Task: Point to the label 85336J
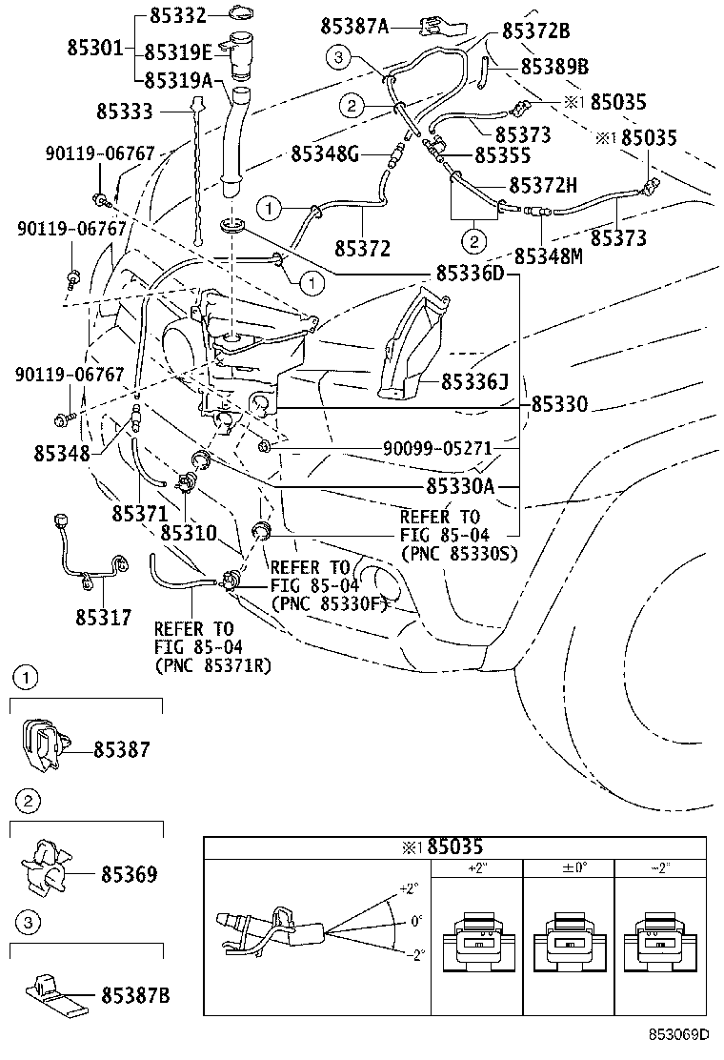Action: pos(473,382)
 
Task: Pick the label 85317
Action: pos(104,617)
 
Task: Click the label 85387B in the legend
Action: pos(135,995)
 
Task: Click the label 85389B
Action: pos(554,67)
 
